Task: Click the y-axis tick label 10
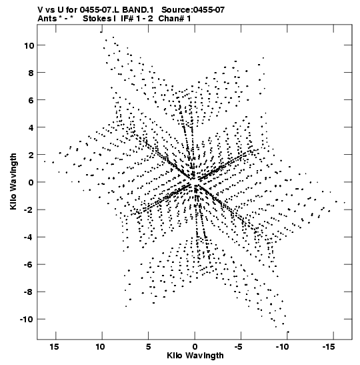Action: (x=29, y=45)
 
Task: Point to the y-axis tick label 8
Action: (x=31, y=73)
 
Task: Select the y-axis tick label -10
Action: (x=27, y=319)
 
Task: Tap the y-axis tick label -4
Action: (x=29, y=237)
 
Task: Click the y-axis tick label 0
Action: (x=31, y=182)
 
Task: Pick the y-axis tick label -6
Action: (x=29, y=265)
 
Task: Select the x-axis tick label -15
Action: (x=329, y=347)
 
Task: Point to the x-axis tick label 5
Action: (x=148, y=347)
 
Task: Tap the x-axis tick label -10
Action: (x=282, y=347)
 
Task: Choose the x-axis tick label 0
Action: (x=195, y=347)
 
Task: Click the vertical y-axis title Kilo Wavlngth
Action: (x=13, y=181)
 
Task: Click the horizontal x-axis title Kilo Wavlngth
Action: (x=195, y=356)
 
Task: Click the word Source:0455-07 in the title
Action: (x=193, y=10)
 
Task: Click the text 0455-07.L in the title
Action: (x=99, y=10)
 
